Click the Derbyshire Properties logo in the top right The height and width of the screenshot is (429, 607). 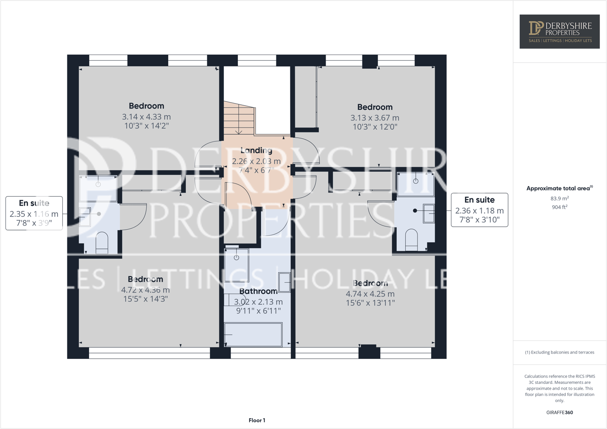(x=560, y=31)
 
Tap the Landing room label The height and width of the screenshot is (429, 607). (x=256, y=151)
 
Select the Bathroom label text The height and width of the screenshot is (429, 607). (x=258, y=291)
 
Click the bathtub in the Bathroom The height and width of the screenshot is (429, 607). (x=253, y=335)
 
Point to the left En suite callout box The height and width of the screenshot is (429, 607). (x=34, y=213)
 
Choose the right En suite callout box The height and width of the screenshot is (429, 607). (x=479, y=210)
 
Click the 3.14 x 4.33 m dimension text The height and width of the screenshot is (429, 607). (x=146, y=117)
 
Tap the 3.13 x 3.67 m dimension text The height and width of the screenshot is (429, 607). (x=375, y=118)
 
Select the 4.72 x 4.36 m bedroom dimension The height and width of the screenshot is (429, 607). (x=145, y=290)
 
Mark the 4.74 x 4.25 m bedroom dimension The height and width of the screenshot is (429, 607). (x=370, y=294)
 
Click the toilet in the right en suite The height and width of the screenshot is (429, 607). (x=411, y=240)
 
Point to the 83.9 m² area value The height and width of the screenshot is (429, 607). (x=560, y=198)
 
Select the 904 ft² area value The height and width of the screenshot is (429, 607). (x=560, y=207)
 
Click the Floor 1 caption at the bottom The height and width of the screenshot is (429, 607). (x=257, y=420)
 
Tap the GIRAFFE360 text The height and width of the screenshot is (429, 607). (x=560, y=412)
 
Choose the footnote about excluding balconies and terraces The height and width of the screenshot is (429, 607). (x=560, y=352)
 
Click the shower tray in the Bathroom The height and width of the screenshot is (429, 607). (x=237, y=265)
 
